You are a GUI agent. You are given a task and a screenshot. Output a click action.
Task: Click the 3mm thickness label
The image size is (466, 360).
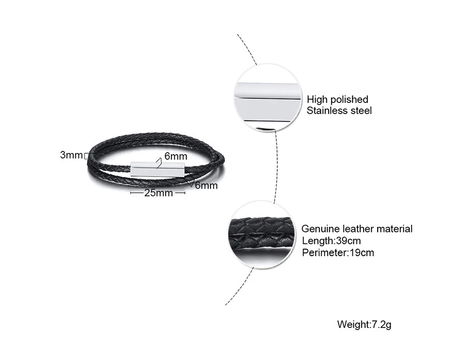71,155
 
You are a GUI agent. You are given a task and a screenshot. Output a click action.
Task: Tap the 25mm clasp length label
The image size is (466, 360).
158,192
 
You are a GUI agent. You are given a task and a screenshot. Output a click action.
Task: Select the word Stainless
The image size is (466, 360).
328,111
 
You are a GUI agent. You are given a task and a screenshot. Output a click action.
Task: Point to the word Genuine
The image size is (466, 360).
320,229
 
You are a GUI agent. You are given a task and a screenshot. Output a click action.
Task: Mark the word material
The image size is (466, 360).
395,229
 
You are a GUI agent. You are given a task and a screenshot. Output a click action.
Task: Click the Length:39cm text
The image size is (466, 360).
331,241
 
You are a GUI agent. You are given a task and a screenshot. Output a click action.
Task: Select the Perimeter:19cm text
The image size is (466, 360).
338,253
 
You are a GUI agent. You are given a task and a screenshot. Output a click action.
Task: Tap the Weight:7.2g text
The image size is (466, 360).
364,325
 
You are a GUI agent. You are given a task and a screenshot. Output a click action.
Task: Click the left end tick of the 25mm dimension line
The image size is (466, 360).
131,192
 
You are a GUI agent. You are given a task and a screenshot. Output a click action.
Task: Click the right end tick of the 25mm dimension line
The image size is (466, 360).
185,192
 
